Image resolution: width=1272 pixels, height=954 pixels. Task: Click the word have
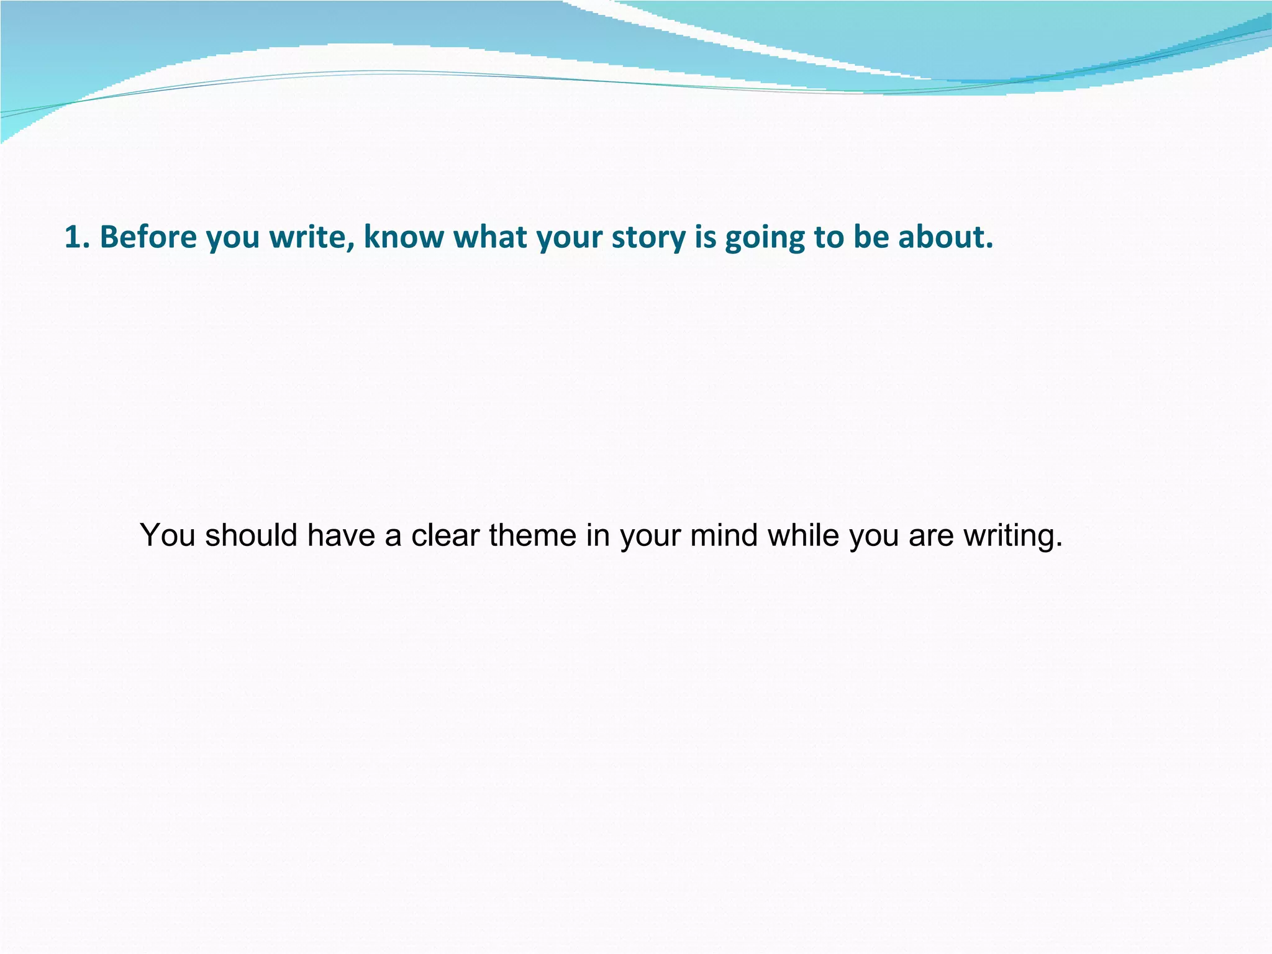(341, 535)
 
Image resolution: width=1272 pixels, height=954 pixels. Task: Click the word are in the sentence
(931, 536)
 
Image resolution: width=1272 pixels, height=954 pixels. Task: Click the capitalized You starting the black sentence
(167, 535)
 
